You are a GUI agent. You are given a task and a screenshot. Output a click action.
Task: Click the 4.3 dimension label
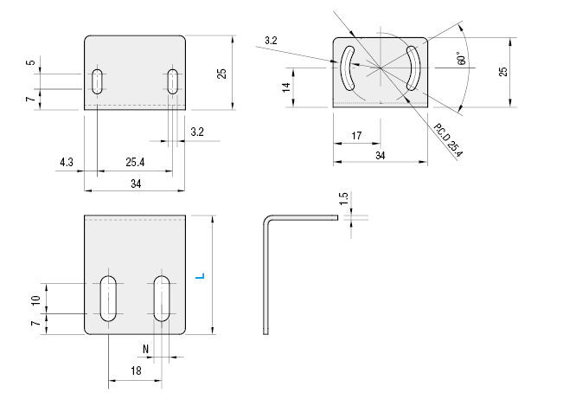click(67, 162)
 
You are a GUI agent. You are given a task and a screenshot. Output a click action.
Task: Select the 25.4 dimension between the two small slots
click(135, 162)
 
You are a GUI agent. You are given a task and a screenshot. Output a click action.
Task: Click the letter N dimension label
click(145, 349)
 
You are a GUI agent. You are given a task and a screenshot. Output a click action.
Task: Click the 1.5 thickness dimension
click(343, 199)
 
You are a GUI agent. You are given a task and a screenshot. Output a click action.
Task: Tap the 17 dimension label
click(356, 135)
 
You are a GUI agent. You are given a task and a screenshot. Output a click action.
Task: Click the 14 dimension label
click(285, 87)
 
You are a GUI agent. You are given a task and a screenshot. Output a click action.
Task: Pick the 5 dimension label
click(31, 63)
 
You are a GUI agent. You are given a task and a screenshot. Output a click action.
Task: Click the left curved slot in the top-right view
click(347, 68)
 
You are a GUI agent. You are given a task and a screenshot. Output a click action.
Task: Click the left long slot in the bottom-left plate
click(109, 298)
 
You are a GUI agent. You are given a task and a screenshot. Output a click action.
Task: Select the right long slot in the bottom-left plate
click(162, 298)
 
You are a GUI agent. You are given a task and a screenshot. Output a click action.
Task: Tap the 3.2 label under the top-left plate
click(196, 132)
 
